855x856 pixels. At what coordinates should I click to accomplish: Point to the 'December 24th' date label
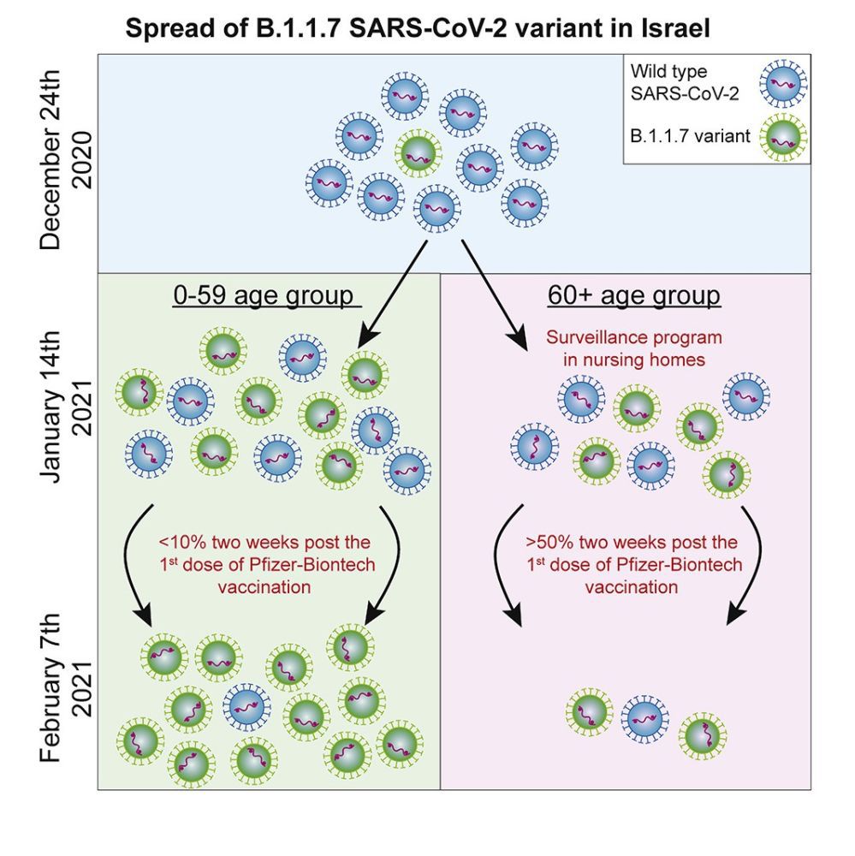coord(52,163)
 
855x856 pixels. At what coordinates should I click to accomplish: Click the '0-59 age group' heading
coord(264,296)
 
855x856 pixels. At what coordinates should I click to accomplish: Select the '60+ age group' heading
coord(634,296)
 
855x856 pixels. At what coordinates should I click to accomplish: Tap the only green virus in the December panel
coord(418,153)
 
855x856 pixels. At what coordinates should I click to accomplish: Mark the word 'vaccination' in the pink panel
coord(632,587)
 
